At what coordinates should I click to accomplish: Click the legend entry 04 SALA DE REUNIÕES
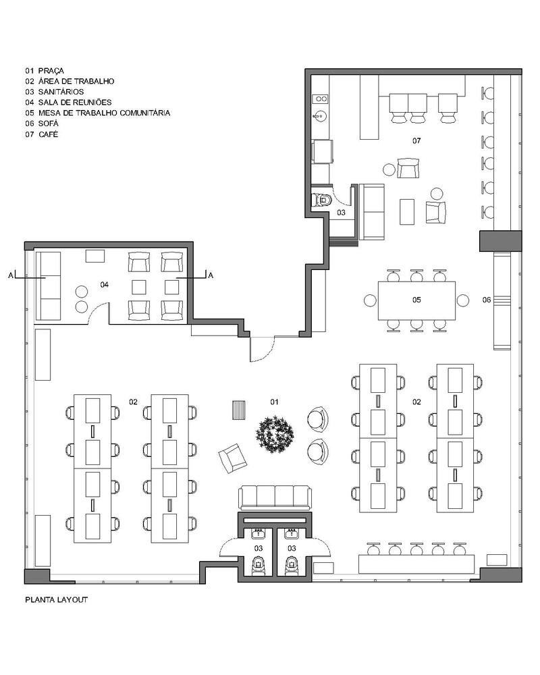pos(68,103)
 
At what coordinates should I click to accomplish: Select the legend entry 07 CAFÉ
pos(41,134)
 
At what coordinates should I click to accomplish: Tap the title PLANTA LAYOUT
pos(57,599)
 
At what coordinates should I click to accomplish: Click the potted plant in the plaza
pos(275,434)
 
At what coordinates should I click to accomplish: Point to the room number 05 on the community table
pos(416,300)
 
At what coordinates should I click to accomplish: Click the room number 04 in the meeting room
pos(104,285)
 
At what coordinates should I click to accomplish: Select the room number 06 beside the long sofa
pos(487,300)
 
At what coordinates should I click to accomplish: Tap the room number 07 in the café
pos(416,141)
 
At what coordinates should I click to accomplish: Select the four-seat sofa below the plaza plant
pos(275,498)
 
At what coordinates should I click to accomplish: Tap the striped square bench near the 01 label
pos(238,410)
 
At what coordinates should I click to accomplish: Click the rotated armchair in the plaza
pos(232,458)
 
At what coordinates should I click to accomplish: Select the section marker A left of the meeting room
pos(11,275)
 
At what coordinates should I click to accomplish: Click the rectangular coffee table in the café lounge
pos(407,212)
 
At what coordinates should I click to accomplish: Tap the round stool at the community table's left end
pos(371,300)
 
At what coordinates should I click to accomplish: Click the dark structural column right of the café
pos(501,241)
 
